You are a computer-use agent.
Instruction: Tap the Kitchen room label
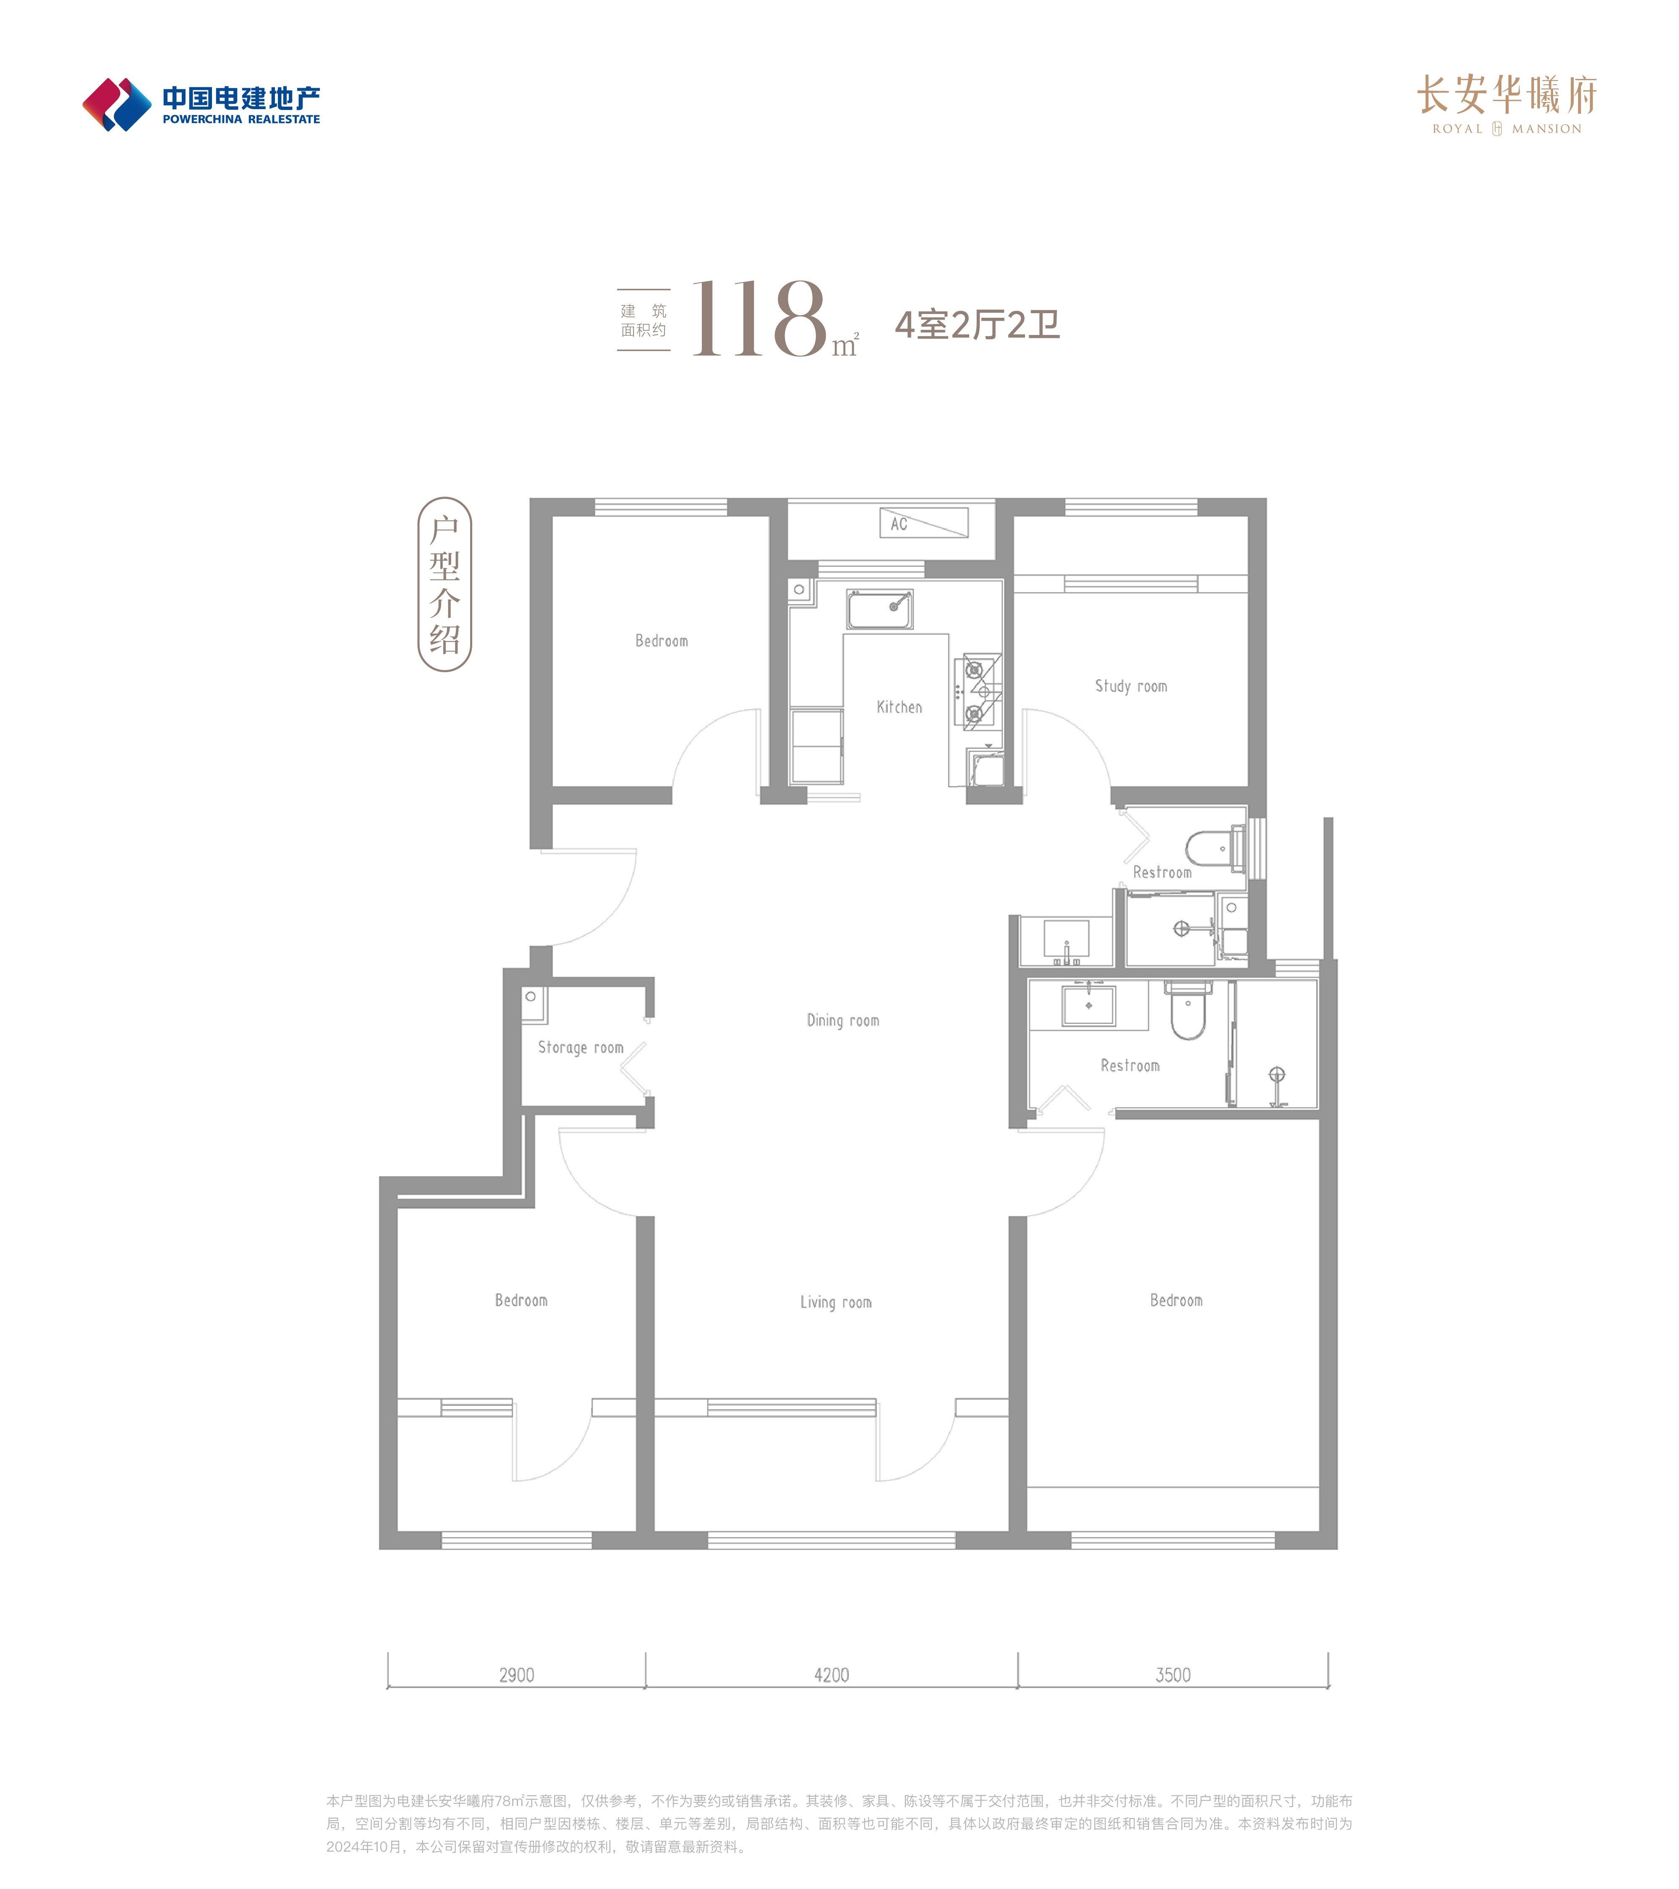899,707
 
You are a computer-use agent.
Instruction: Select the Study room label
1131,686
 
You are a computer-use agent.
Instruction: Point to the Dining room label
843,1020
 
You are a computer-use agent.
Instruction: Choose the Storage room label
580,1047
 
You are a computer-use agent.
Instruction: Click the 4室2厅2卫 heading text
977,324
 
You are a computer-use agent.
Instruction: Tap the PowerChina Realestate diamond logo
116,105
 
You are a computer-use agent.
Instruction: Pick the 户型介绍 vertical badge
445,584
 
